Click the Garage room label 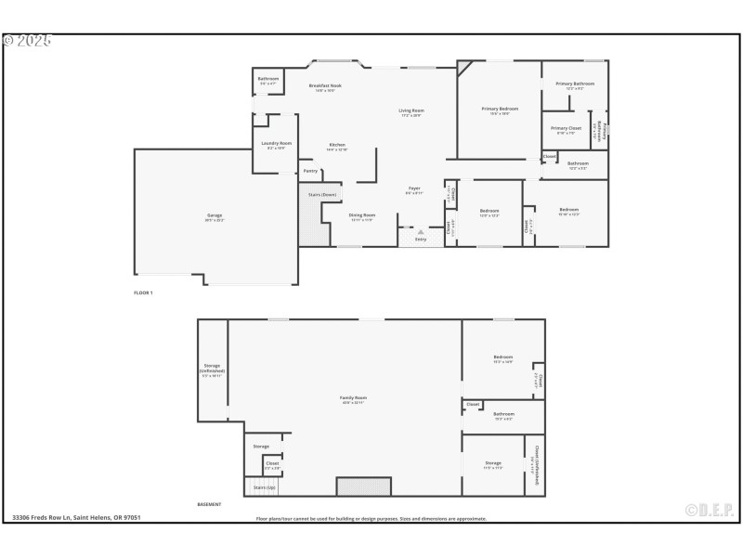tap(215, 215)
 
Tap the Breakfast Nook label tap(325, 86)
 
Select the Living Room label tap(411, 111)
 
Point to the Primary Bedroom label tap(500, 110)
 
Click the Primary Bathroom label tap(575, 84)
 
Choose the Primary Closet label tap(566, 128)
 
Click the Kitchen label tap(337, 146)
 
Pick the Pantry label tap(310, 171)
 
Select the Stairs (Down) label tap(322, 194)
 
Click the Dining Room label tap(362, 215)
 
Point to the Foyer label tap(414, 189)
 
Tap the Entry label tap(421, 240)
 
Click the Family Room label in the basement tap(354, 398)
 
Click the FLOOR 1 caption tap(143, 292)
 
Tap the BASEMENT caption tap(209, 504)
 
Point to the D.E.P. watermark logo tap(710, 510)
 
